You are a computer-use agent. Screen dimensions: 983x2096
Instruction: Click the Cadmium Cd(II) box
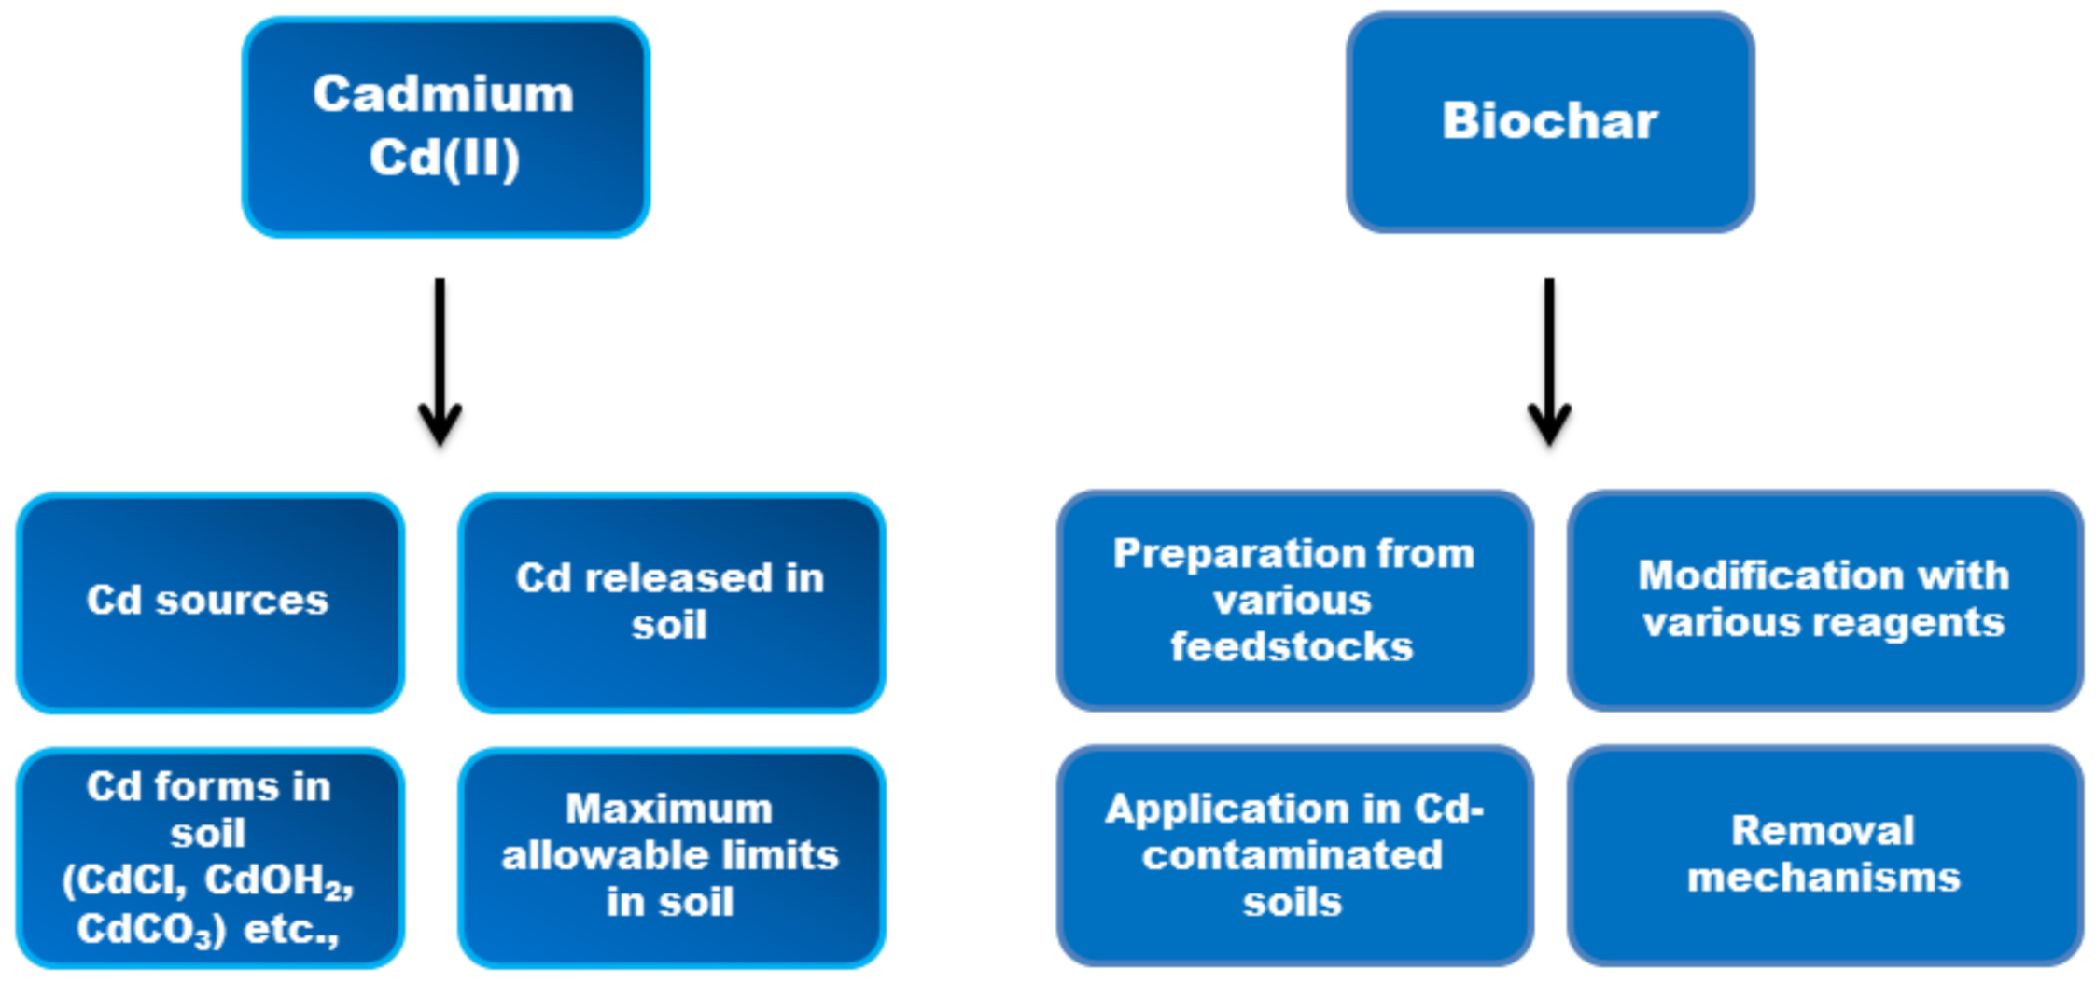[x=445, y=127]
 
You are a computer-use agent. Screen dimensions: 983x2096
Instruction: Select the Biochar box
[x=1549, y=122]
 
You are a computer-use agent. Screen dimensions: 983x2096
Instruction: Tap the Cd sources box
[x=209, y=602]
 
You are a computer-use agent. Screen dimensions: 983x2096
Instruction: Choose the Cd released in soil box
[x=670, y=602]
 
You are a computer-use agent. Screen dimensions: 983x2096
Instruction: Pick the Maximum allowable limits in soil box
[x=670, y=856]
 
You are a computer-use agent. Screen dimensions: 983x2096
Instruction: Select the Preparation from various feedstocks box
[x=1293, y=601]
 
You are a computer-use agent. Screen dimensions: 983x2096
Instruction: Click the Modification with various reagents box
[x=1824, y=601]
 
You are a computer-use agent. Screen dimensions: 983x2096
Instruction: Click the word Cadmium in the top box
[x=443, y=94]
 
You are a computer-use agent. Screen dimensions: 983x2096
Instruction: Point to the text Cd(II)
[x=444, y=157]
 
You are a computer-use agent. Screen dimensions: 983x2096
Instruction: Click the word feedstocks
[x=1292, y=646]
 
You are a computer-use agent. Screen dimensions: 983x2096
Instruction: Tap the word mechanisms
[x=1824, y=878]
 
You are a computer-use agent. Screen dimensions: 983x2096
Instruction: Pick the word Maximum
[x=669, y=809]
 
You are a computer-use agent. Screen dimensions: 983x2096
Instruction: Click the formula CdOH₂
[x=278, y=880]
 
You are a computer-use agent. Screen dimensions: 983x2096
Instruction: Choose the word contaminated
[x=1292, y=855]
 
